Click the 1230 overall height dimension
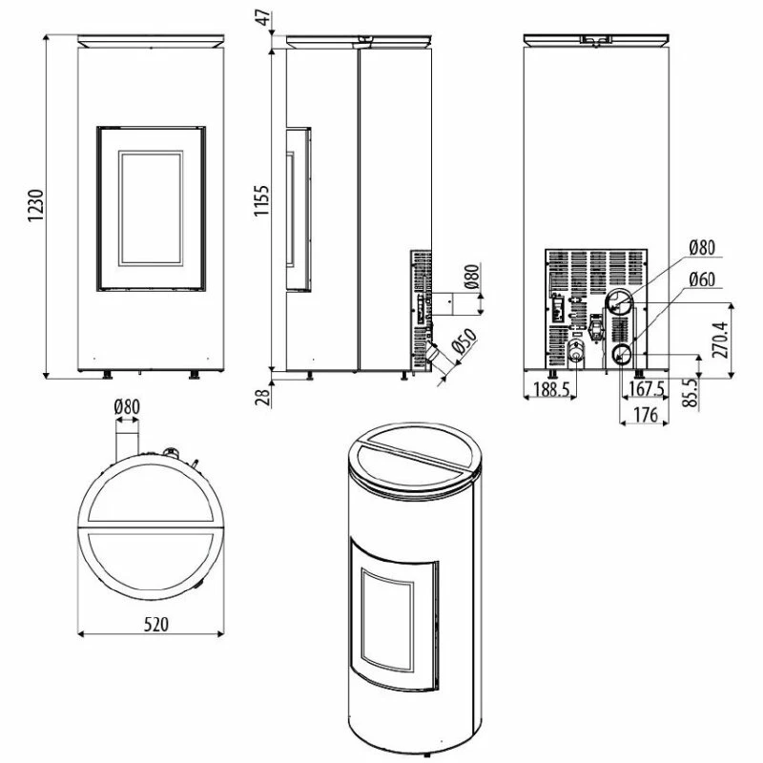coord(36,205)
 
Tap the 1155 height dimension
coord(261,200)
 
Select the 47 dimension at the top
coord(263,18)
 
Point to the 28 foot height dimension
coord(263,398)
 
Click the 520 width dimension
coord(156,624)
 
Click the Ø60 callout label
coord(702,279)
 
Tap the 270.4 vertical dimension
coord(720,340)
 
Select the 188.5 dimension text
coord(551,389)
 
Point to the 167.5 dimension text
coord(647,389)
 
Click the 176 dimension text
coord(646,415)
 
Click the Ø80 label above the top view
coord(127,406)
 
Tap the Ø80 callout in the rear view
coord(702,247)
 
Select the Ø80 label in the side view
coord(472,277)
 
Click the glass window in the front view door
coord(151,208)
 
